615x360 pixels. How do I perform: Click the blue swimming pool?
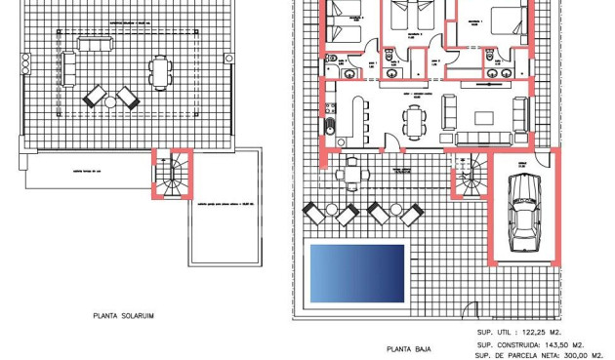click(356, 272)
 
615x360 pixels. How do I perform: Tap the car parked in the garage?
click(522, 213)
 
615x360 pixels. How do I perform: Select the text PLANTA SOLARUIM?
click(124, 316)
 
